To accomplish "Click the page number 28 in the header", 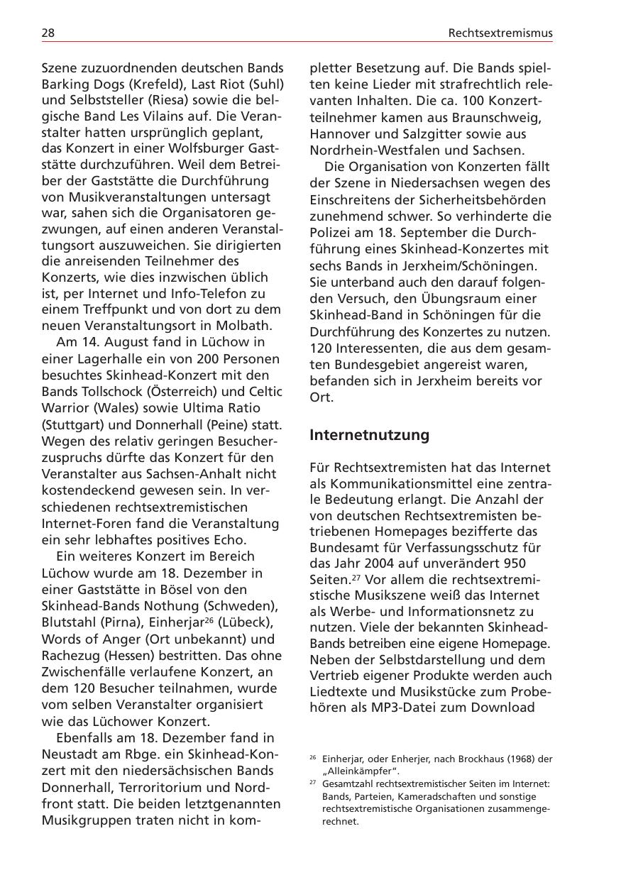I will point(48,33).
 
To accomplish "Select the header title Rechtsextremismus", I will point(500,33).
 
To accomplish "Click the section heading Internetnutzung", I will point(369,435).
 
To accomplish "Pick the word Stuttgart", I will point(70,424).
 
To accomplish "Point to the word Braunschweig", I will point(500,117).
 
